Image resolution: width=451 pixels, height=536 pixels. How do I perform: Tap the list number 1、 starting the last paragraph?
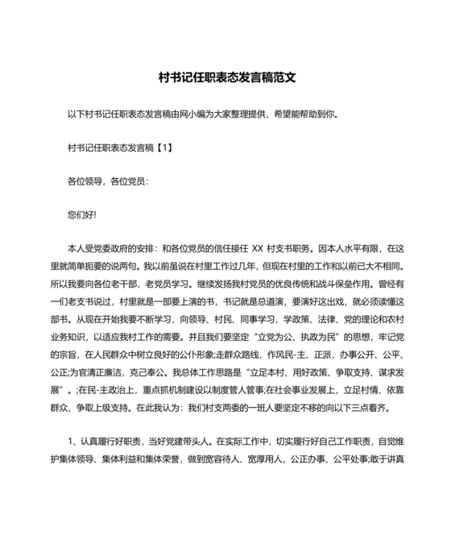click(x=72, y=442)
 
